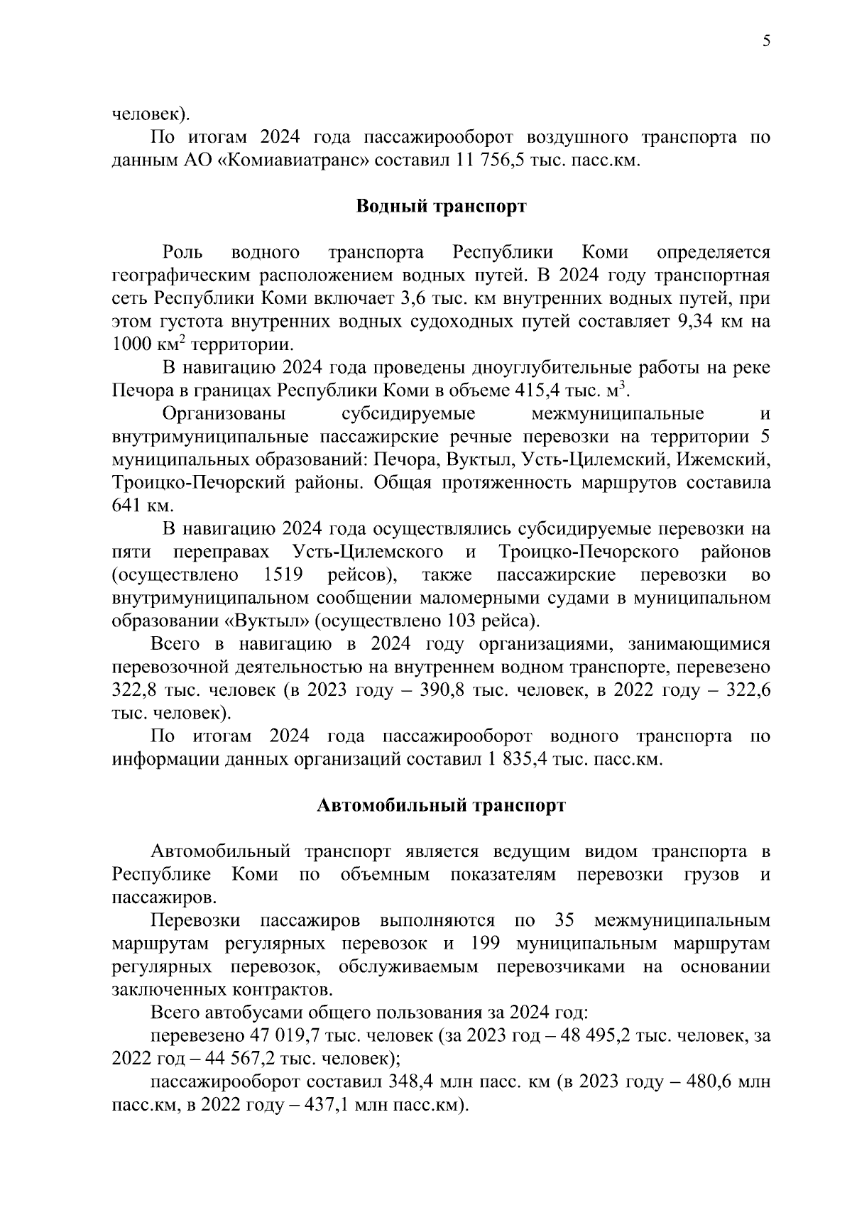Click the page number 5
point(766,41)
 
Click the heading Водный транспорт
point(440,207)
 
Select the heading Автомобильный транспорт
point(440,806)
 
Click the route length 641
point(127,506)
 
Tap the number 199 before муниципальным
point(485,944)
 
